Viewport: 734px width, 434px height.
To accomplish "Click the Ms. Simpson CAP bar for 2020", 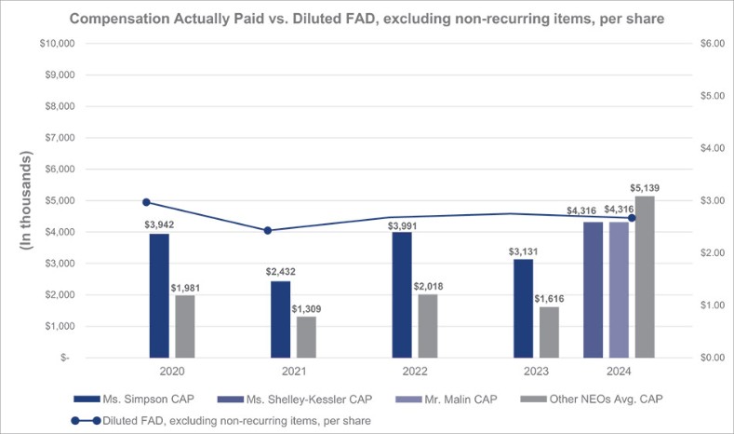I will (159, 295).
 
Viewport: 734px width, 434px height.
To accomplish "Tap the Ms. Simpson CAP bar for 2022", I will (402, 294).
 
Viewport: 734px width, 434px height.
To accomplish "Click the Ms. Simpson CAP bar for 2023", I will (524, 308).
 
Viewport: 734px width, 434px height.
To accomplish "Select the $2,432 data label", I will (280, 273).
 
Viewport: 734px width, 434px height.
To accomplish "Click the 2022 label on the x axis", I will (414, 370).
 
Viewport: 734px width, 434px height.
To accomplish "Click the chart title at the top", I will (367, 15).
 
